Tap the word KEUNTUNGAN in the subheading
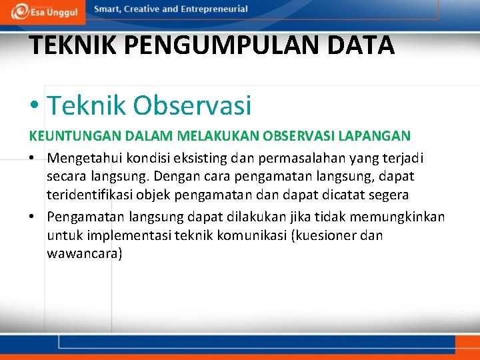65,135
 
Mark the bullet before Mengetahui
33,159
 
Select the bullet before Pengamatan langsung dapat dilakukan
33,217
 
